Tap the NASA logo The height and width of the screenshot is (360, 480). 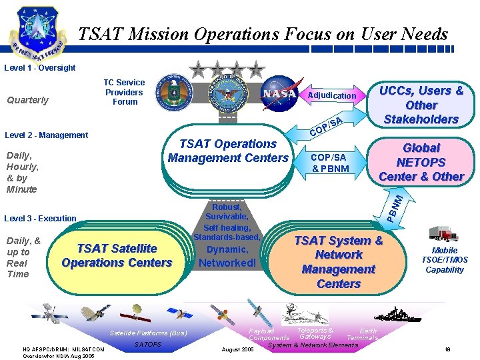pyautogui.click(x=279, y=94)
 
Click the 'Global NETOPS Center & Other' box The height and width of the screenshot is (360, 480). pyautogui.click(x=421, y=162)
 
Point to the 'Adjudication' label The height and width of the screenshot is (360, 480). pyautogui.click(x=331, y=95)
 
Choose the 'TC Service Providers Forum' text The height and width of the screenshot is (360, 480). pyautogui.click(x=124, y=92)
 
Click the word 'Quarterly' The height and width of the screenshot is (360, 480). pyautogui.click(x=27, y=100)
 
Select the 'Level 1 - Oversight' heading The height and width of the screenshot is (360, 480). pyautogui.click(x=40, y=67)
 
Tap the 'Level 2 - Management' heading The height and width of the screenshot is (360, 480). pyautogui.click(x=46, y=135)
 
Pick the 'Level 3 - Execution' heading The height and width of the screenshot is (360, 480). pyautogui.click(x=40, y=218)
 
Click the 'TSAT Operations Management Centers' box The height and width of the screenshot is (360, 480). pyautogui.click(x=228, y=151)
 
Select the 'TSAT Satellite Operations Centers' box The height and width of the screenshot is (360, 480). pyautogui.click(x=117, y=256)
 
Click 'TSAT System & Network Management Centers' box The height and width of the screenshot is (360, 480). pyautogui.click(x=339, y=261)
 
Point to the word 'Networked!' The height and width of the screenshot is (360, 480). pyautogui.click(x=227, y=263)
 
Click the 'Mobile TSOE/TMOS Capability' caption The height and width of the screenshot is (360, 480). pyautogui.click(x=445, y=260)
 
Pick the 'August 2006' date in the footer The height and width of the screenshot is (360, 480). pyautogui.click(x=237, y=349)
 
